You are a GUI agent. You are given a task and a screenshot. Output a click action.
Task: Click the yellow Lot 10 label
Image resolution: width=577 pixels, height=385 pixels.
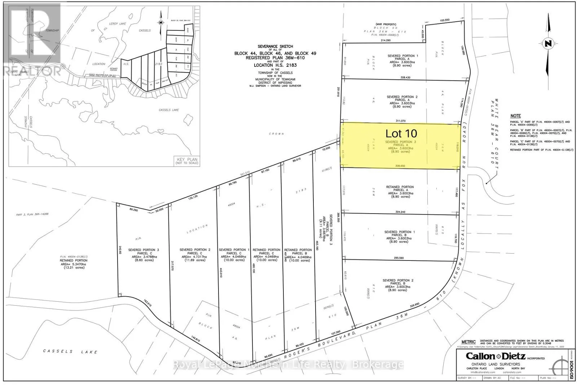point(401,134)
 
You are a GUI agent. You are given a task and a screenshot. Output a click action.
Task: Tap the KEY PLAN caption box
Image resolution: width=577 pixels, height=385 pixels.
point(187,161)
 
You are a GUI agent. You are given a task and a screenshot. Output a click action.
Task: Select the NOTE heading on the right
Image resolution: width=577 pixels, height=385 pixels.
point(515,116)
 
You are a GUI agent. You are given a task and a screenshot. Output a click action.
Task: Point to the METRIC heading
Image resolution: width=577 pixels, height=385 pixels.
point(468,342)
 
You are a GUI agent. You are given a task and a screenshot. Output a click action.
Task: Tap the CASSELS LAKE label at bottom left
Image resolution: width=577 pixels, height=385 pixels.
point(70,351)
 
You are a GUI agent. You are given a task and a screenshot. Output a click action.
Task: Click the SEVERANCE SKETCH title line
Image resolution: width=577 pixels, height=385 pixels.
point(275,47)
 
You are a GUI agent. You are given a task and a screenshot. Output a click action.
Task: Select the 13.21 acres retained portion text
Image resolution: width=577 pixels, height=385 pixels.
point(74,267)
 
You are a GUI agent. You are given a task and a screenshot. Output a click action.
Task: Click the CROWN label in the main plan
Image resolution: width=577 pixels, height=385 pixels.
point(278,134)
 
